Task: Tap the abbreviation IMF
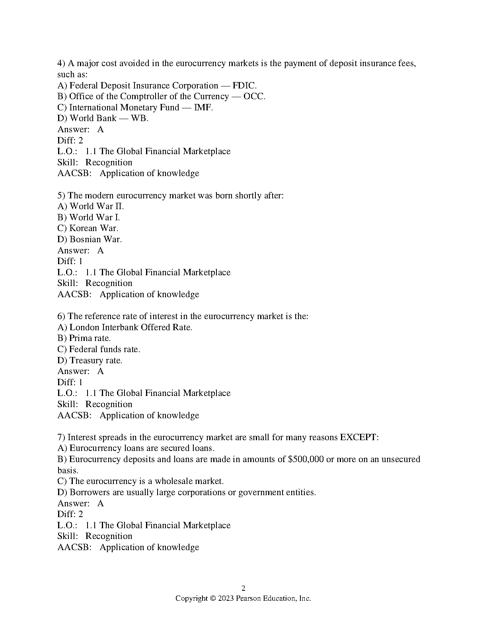203,108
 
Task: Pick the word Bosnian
85,239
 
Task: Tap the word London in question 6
84,327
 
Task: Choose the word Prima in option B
81,338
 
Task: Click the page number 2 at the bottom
243,588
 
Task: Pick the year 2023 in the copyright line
225,598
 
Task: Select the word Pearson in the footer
248,598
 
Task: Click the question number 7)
61,437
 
